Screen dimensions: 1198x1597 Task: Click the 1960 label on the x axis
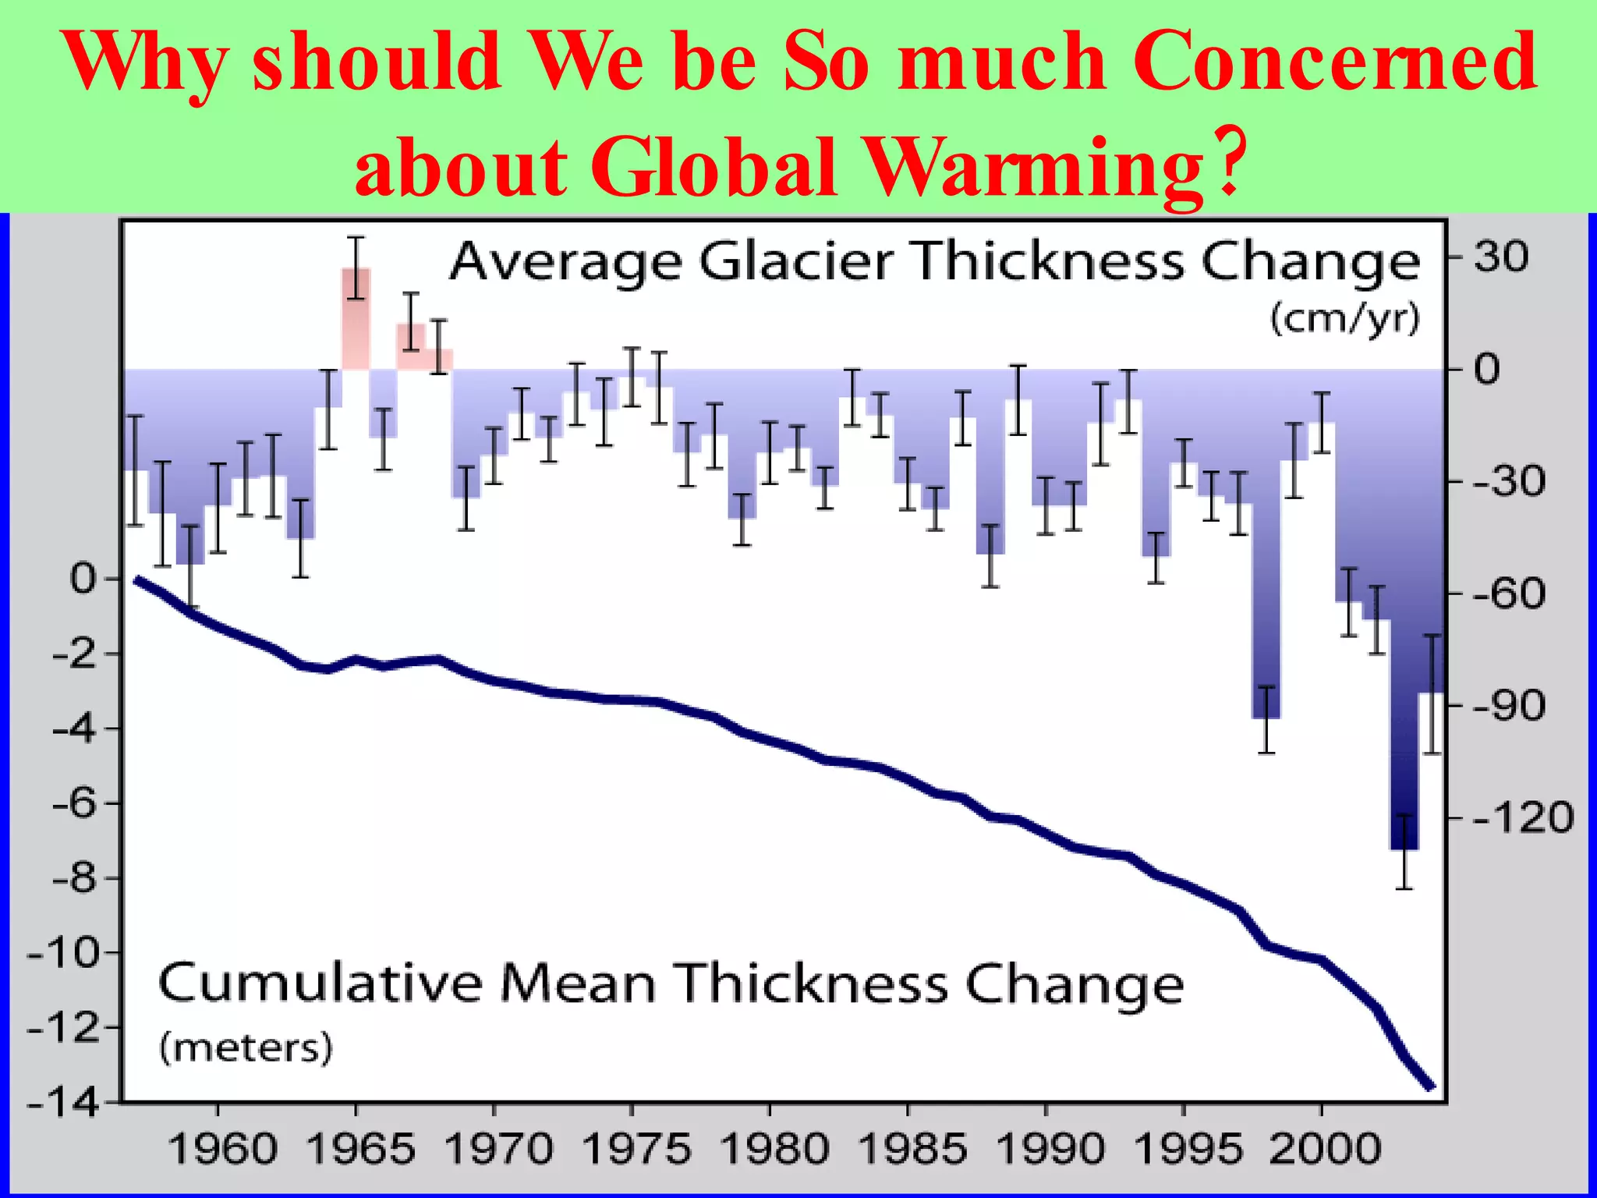222,1149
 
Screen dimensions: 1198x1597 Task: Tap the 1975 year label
636,1149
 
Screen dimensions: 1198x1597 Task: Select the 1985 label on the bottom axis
912,1149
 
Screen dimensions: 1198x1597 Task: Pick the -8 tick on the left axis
75,879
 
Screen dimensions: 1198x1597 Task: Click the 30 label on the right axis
1501,257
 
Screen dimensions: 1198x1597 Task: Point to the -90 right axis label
1509,707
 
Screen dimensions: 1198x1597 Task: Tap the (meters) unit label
246,1047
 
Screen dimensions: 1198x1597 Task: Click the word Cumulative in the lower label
320,984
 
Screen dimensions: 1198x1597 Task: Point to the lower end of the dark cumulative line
1431,1086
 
